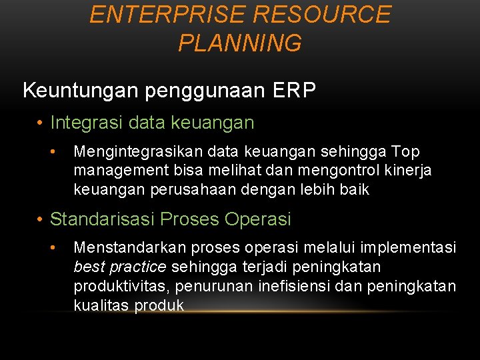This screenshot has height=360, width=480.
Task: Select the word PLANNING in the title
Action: point(240,43)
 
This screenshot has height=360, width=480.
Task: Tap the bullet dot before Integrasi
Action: point(41,123)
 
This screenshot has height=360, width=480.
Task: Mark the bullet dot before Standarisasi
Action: point(41,219)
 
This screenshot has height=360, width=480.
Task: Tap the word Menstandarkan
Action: point(130,248)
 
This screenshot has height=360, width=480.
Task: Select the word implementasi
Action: point(408,248)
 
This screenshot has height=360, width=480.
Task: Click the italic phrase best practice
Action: point(120,267)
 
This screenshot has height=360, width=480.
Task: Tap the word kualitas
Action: point(102,305)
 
